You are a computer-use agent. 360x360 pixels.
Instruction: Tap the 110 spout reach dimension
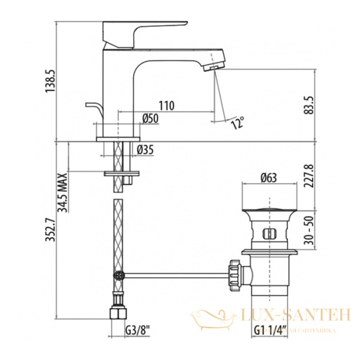click(167, 106)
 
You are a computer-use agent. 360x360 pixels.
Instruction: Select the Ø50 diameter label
click(150, 119)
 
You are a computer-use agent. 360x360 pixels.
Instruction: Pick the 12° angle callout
click(238, 124)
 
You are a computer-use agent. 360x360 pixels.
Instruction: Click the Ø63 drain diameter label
click(269, 177)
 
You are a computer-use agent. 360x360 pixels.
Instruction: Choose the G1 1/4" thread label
click(269, 329)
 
